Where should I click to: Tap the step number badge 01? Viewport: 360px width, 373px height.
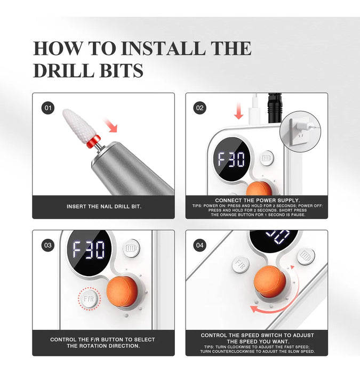48,108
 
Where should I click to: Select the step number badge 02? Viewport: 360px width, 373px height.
199,108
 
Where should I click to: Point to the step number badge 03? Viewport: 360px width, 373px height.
48,245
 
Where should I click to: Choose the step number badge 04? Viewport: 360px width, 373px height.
199,245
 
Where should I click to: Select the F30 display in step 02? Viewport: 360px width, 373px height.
231,159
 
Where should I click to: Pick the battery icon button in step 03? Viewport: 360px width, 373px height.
130,249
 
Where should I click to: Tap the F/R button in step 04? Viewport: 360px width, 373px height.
240,263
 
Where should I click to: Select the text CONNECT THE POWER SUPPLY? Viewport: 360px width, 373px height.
257,200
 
